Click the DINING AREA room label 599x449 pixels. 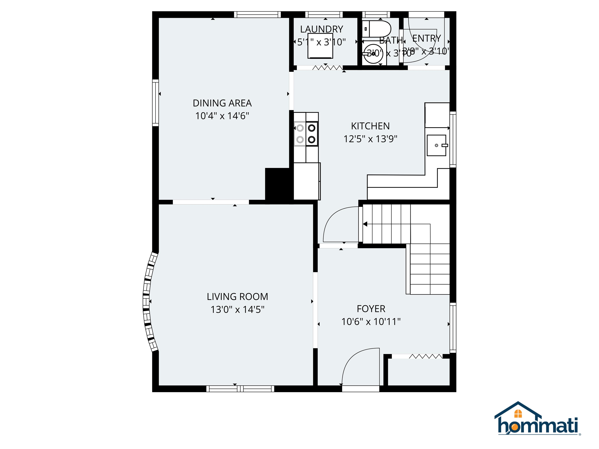tap(222, 103)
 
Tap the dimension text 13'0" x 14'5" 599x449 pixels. tap(237, 309)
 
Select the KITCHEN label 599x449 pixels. tap(370, 126)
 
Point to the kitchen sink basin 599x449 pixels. tap(436, 145)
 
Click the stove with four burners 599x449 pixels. tap(306, 134)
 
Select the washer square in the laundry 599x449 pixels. tap(320, 49)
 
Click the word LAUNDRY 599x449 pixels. tap(321, 29)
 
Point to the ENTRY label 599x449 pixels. tap(426, 38)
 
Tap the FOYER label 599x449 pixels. tap(371, 309)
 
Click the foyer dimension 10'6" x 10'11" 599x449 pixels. tap(371, 322)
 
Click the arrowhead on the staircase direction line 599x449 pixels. tap(365, 224)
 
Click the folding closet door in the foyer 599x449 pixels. tap(425, 356)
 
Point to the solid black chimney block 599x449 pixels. tap(279, 184)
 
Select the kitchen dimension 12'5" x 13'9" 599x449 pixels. tap(370, 139)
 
